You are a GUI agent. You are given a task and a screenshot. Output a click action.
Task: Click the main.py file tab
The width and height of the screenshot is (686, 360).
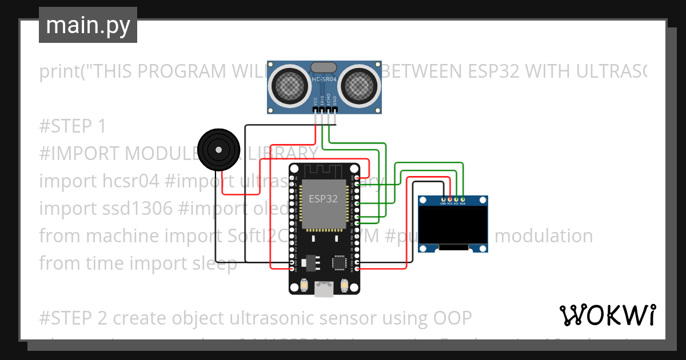pyautogui.click(x=87, y=25)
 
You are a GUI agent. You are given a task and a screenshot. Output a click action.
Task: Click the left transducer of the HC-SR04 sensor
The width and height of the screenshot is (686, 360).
pyautogui.click(x=293, y=86)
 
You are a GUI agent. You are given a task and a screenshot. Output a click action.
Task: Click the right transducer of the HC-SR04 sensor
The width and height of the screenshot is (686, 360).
pyautogui.click(x=358, y=86)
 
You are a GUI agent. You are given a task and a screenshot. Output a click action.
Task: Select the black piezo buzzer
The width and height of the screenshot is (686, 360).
pyautogui.click(x=217, y=150)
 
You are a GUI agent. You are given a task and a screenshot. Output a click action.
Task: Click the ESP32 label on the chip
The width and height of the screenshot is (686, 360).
pyautogui.click(x=323, y=199)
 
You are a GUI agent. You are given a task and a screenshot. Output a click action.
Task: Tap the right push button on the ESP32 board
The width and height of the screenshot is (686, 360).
pyautogui.click(x=345, y=285)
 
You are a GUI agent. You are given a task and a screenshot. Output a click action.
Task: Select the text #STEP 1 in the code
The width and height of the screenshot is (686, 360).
pyautogui.click(x=73, y=126)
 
